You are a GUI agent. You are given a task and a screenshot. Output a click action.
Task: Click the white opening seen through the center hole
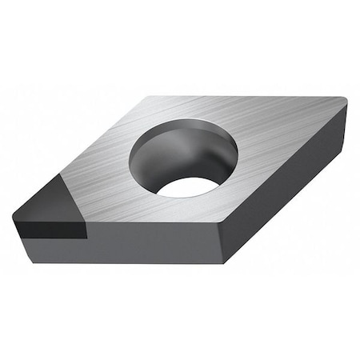[x=188, y=186]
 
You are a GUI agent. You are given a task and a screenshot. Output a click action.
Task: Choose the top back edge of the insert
[x=248, y=97]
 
